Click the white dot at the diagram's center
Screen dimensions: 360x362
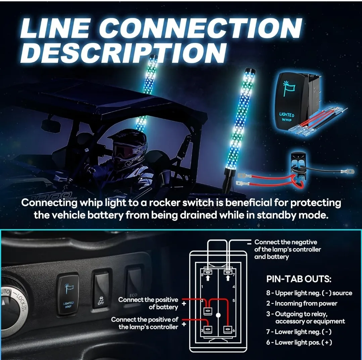click(218, 315)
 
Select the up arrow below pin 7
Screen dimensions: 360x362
click(228, 278)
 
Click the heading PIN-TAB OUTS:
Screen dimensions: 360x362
click(299, 279)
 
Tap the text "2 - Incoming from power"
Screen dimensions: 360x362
click(302, 303)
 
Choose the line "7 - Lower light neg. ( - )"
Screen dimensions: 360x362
click(299, 332)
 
